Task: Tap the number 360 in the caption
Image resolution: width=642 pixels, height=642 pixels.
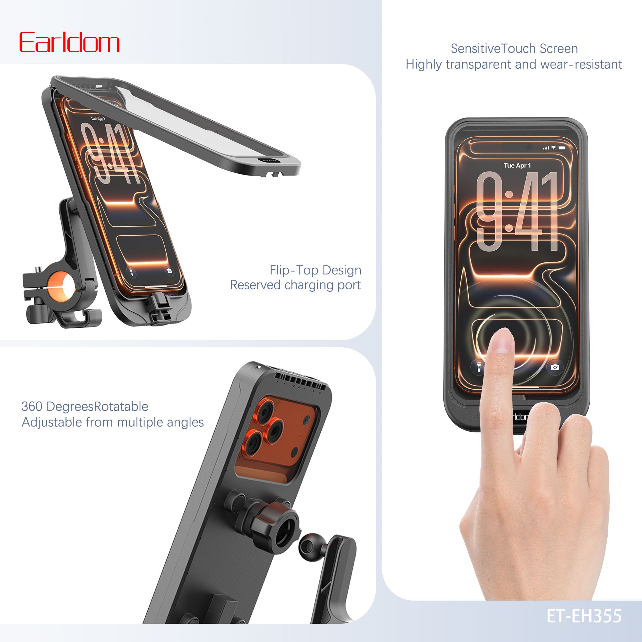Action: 31,406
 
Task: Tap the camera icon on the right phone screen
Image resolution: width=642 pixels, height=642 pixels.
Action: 555,367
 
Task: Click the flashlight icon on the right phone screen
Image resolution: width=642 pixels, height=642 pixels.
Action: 479,367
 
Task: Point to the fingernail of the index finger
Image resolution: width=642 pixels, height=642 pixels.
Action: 502,341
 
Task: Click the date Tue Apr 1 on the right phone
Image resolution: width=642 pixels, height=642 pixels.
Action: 517,166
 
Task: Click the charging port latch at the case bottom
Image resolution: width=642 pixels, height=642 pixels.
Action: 161,308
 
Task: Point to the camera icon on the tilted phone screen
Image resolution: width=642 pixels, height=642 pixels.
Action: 169,271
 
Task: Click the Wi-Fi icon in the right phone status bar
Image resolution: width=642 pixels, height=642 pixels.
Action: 553,148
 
